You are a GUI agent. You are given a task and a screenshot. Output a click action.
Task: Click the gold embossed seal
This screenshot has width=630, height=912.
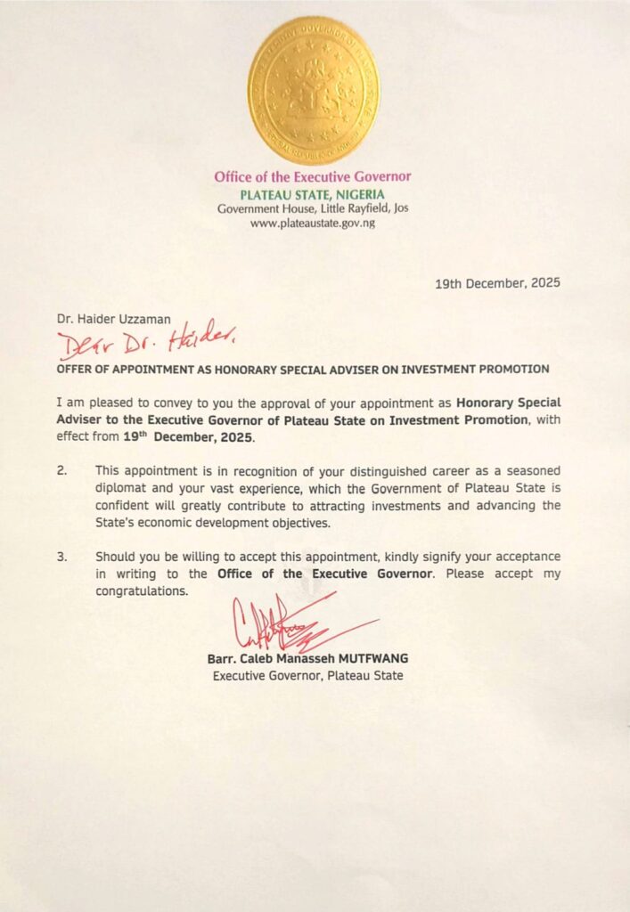(313, 91)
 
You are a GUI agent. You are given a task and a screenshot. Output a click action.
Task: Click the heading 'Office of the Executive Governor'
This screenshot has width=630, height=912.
(313, 176)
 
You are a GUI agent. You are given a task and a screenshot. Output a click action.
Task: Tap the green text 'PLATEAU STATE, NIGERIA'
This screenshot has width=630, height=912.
(313, 193)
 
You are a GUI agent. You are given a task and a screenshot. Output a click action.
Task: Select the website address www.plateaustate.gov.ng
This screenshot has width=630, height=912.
(313, 223)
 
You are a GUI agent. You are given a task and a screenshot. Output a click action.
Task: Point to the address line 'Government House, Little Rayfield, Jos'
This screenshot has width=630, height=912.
(313, 208)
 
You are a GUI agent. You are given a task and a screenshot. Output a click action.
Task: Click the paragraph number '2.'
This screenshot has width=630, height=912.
(61, 470)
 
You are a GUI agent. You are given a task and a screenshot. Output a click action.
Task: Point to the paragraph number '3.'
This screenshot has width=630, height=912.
(61, 557)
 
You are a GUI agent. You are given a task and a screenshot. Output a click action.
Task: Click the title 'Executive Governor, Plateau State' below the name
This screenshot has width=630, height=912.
(307, 676)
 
